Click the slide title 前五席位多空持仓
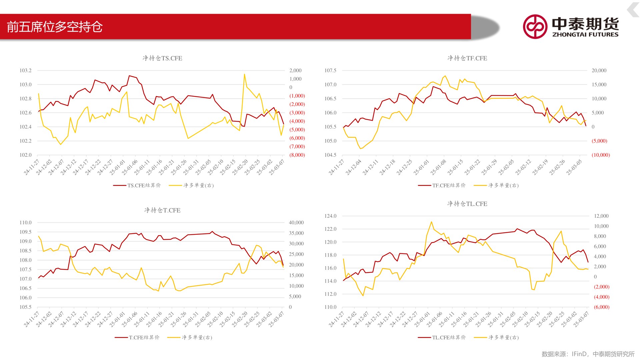coord(55,27)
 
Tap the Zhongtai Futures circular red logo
coord(535,27)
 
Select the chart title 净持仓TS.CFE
coord(162,58)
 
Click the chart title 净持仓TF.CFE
coord(467,58)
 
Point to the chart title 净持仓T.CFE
coord(162,210)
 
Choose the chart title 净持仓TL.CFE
coord(467,204)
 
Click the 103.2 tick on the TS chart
coord(26,71)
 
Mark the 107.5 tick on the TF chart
coord(330,71)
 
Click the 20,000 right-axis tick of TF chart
coord(599,71)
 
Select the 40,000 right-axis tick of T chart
coord(296,223)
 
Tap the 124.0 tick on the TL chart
coord(330,216)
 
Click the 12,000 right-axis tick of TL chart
coord(601,216)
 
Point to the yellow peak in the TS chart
coord(244,74)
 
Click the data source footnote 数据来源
coord(588,354)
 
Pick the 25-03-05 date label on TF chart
coord(574,167)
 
